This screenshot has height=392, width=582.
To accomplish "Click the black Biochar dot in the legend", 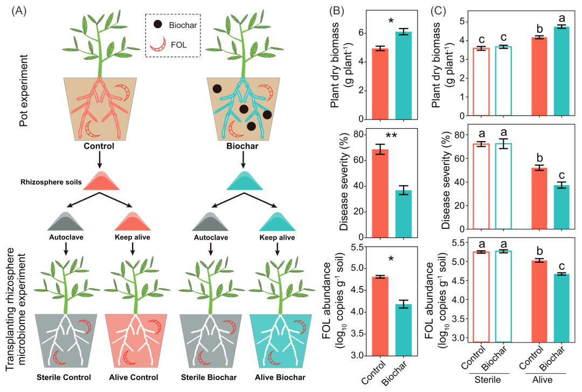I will [157, 24].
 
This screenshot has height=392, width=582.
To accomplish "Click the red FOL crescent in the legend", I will [157, 44].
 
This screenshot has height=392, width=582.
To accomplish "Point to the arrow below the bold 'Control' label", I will [100, 159].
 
